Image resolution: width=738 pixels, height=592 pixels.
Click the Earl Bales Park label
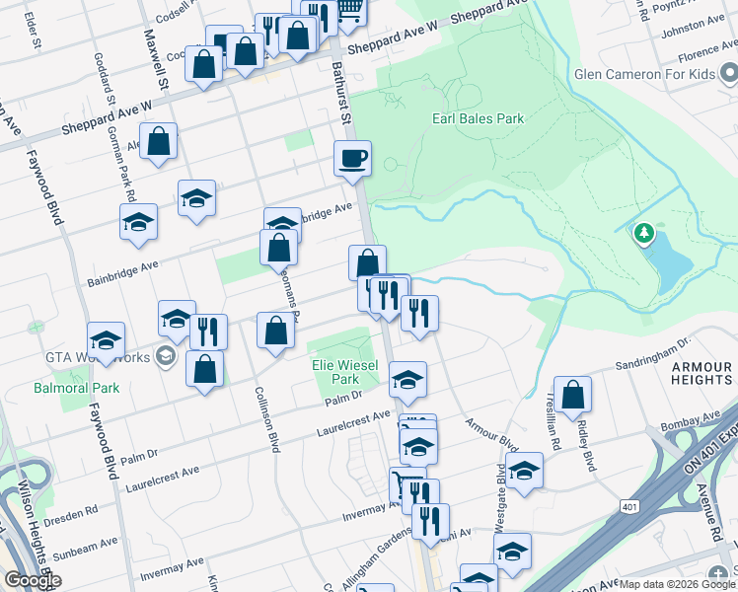pyautogui.click(x=478, y=119)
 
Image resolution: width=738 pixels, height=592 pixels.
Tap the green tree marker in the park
pyautogui.click(x=644, y=233)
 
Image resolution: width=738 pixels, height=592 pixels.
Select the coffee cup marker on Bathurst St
pyautogui.click(x=352, y=158)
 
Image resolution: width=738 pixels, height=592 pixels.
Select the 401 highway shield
pyautogui.click(x=628, y=506)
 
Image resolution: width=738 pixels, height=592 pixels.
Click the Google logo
pyautogui.click(x=32, y=580)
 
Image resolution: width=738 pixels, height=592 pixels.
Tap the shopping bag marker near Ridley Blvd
pyautogui.click(x=572, y=396)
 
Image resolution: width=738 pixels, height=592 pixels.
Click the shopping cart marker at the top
pyautogui.click(x=349, y=10)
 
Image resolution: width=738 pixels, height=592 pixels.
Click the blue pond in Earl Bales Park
pyautogui.click(x=671, y=259)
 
